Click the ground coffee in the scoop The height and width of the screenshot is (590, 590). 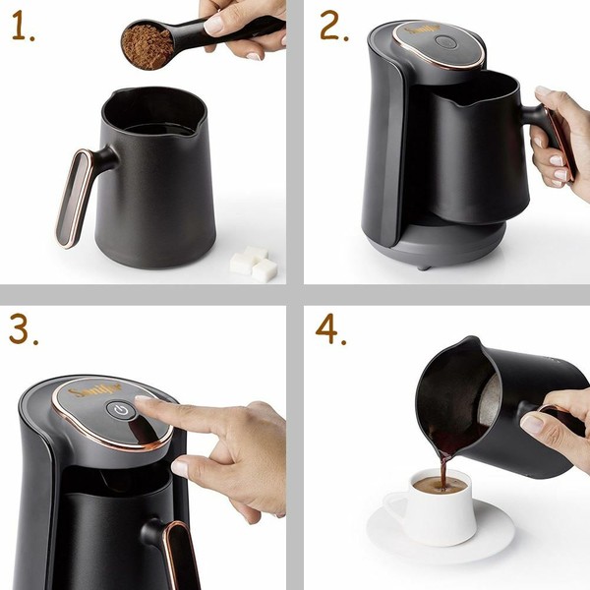click(147, 43)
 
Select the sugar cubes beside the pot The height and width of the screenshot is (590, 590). click(252, 264)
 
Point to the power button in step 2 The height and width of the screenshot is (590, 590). click(446, 42)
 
